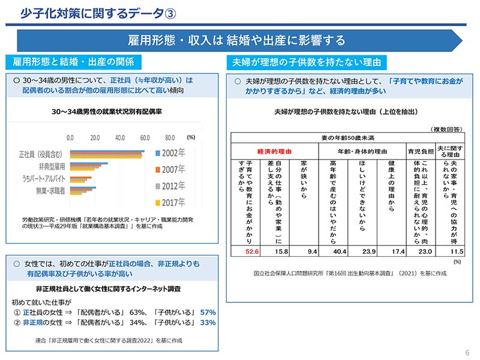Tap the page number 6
click(467, 352)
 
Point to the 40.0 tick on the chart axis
click(120, 137)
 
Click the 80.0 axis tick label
click(170, 137)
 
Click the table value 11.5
click(458, 252)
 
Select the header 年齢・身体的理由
click(362, 151)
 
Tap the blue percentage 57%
click(208, 312)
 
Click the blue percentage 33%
click(208, 322)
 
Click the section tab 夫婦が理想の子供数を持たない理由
click(306, 62)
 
